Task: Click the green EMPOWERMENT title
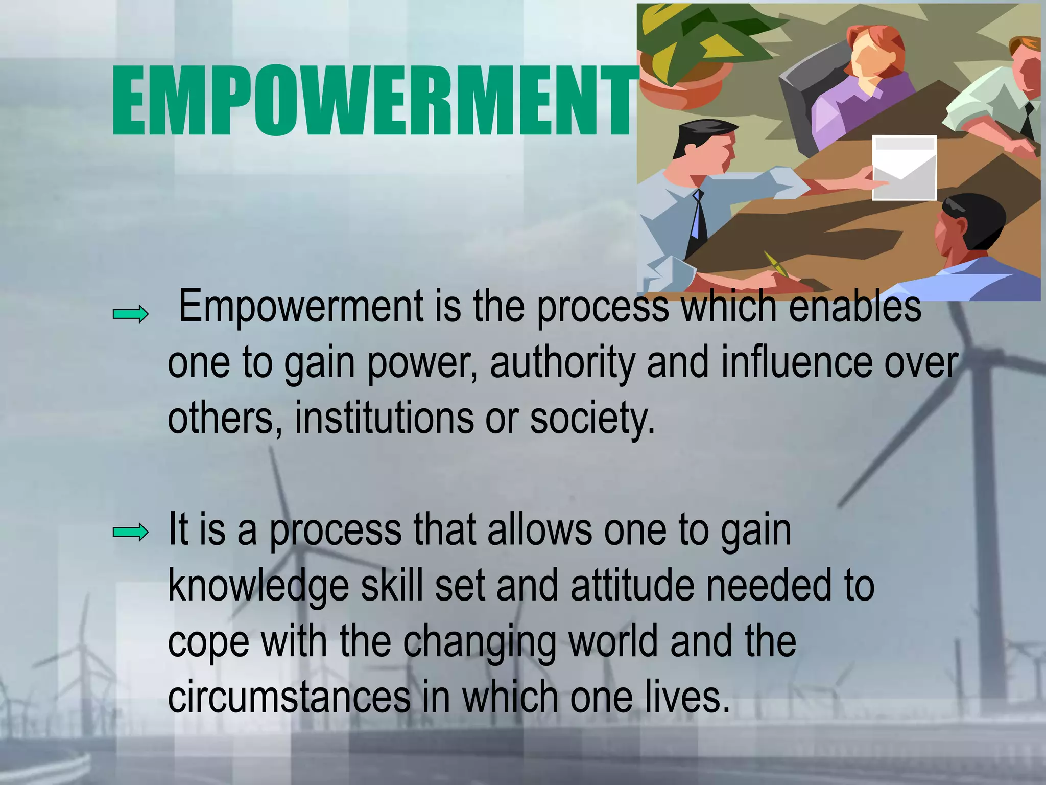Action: [373, 101]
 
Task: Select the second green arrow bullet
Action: [131, 533]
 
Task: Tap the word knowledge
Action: [258, 587]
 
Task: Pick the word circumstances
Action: [289, 697]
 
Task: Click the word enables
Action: [855, 307]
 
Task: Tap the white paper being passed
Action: [904, 168]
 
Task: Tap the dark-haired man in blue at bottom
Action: [970, 245]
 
